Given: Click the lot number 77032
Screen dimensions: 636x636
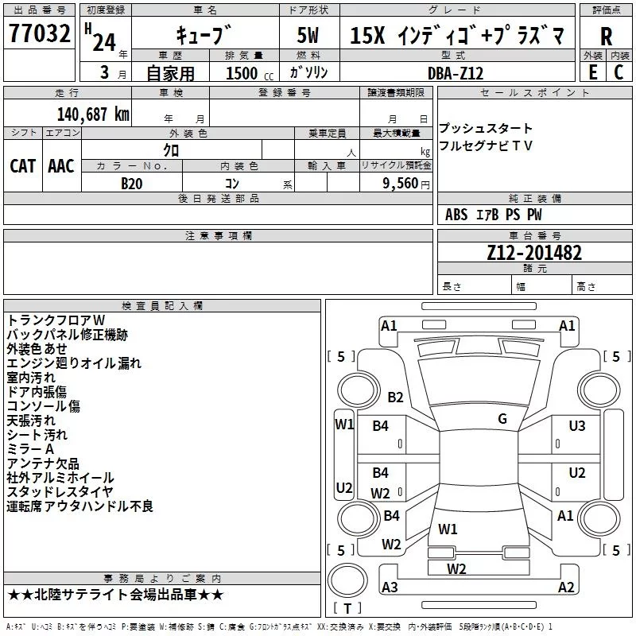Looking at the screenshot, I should tap(40, 37).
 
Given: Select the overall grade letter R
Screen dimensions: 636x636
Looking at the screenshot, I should tap(606, 37).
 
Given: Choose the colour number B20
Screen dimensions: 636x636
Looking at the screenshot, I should tap(132, 183).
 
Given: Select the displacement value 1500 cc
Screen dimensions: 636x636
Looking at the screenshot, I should tap(242, 73).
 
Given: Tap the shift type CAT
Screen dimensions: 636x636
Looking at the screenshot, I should tap(23, 165).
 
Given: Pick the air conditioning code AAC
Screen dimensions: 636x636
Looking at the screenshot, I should tap(61, 165).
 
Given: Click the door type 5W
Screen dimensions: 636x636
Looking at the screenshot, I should tap(308, 37).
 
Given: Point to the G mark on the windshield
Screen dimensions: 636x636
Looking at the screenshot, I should tap(502, 419).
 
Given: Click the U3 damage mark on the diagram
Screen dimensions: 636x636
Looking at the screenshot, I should tap(576, 426).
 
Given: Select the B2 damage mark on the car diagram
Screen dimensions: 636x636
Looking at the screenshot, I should tap(396, 397).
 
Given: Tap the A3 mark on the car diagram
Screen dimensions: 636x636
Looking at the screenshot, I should tap(390, 588).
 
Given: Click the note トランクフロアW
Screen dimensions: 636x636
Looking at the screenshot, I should tap(51, 320).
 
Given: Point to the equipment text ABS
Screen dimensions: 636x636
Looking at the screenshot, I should tap(456, 215).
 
